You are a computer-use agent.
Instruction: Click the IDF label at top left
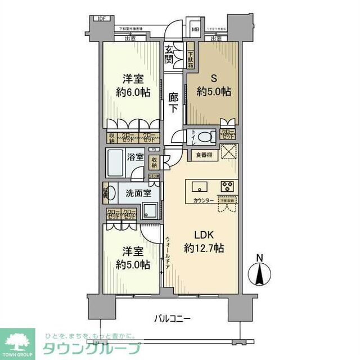pos(101,18)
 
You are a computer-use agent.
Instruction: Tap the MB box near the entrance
pos(196,30)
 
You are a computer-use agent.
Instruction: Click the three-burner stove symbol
pos(228,186)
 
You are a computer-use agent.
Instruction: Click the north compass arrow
pos(259,275)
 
